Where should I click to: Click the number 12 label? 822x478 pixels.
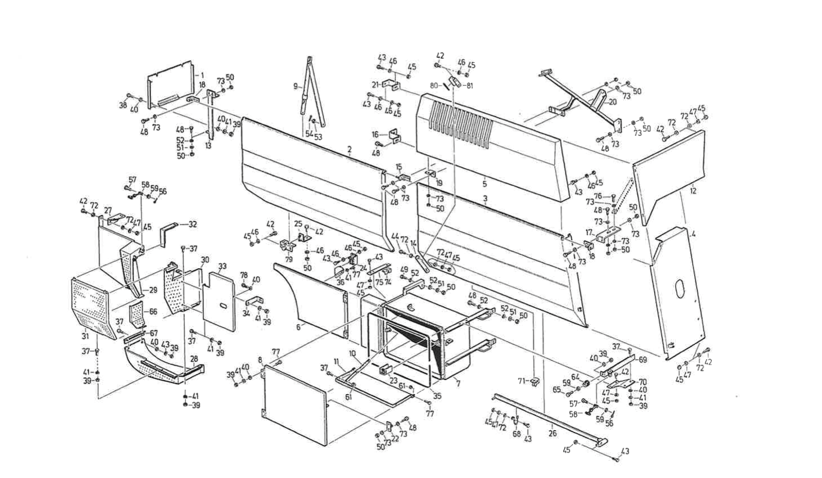point(693,189)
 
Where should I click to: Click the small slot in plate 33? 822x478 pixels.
point(223,304)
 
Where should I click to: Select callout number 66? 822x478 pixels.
point(153,312)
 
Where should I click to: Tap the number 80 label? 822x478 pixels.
point(434,85)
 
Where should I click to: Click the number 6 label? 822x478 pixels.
point(298,327)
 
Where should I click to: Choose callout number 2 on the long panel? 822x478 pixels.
point(349,150)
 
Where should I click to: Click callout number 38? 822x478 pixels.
point(123,105)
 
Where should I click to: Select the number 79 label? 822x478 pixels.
point(289,259)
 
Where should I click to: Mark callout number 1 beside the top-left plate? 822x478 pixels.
point(202,75)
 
